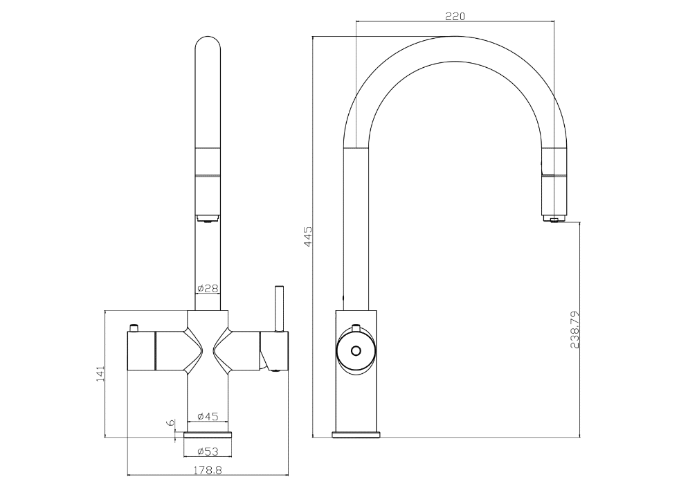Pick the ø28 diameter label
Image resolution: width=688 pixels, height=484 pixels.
pos(208,287)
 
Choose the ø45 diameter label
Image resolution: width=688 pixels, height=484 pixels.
pos(208,416)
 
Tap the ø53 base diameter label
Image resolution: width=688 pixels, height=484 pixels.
pos(208,451)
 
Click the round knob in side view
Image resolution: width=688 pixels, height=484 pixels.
pos(356,350)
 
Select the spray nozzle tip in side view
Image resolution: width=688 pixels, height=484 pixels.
pos(553,219)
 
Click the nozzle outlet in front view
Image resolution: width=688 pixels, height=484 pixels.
pos(208,219)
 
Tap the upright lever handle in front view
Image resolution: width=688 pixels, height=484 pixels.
pos(280,309)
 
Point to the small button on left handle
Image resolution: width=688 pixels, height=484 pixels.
pos(134,327)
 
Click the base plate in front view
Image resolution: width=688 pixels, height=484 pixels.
pos(208,434)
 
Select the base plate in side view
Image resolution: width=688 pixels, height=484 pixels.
pos(356,434)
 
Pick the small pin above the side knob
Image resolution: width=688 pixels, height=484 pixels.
pos(356,328)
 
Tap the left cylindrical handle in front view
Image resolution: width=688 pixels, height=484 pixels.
pos(142,351)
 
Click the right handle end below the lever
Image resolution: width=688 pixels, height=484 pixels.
pos(275,353)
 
